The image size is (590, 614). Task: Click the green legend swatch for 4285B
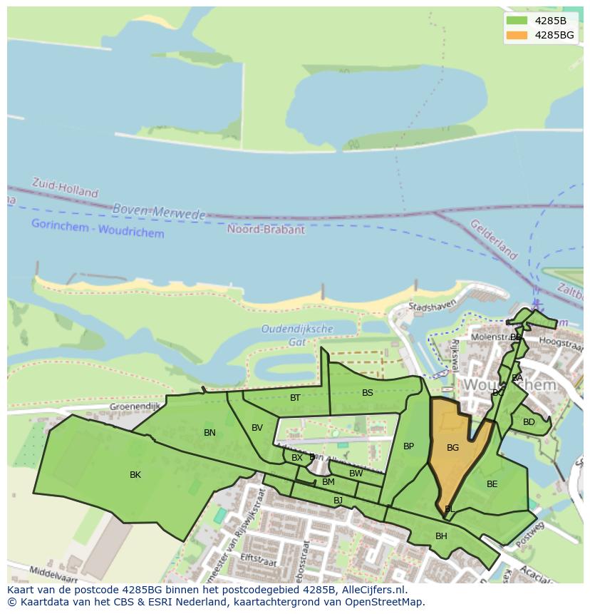(517, 21)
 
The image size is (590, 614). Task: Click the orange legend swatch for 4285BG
(517, 35)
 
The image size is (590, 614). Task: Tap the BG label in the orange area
(452, 448)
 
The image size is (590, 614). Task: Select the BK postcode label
(135, 475)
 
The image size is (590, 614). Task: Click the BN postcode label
(209, 433)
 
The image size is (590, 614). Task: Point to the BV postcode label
(257, 428)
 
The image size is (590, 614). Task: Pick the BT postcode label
(295, 398)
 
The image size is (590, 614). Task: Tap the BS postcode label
(368, 393)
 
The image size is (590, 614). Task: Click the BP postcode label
(408, 447)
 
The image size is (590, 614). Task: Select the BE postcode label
(492, 484)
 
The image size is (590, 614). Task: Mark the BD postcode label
(529, 422)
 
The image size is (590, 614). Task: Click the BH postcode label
(441, 536)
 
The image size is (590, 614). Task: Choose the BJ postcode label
(338, 501)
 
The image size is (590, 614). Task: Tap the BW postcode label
(356, 474)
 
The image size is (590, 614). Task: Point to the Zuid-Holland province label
(65, 188)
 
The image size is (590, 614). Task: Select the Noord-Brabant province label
(266, 230)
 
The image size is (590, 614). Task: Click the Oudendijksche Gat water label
(297, 335)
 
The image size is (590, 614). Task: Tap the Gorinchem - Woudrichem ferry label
(98, 228)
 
